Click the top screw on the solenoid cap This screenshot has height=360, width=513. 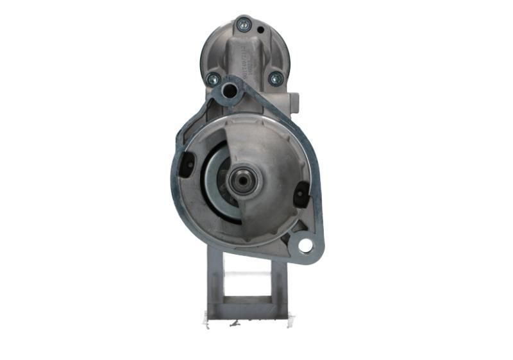[x=243, y=25]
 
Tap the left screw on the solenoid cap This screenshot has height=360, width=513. [x=213, y=80]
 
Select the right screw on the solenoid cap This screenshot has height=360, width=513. [x=276, y=78]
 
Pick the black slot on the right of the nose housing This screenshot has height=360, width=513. [x=301, y=194]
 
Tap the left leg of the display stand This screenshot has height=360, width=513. [x=214, y=282]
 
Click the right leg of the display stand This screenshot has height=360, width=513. [x=280, y=282]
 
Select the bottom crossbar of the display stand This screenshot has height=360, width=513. [x=247, y=308]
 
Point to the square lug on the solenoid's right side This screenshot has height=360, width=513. [x=294, y=100]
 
